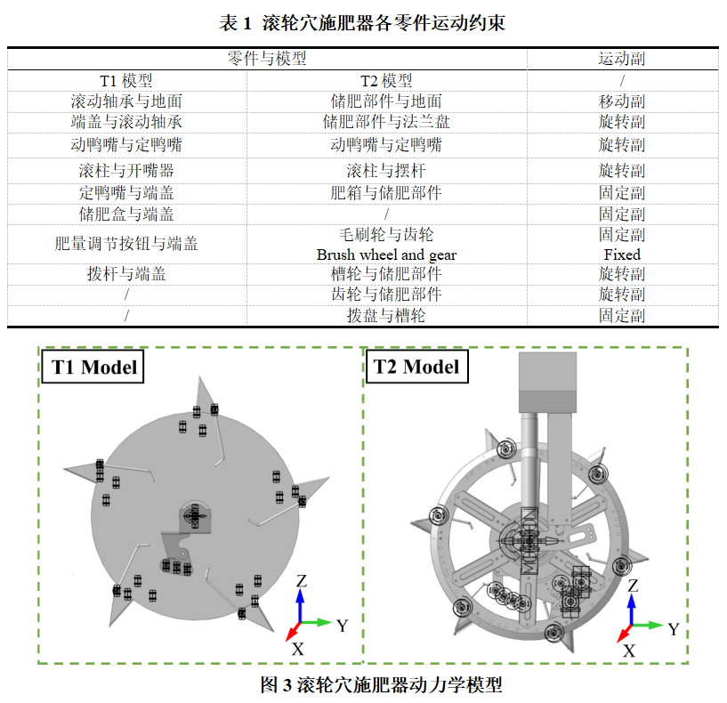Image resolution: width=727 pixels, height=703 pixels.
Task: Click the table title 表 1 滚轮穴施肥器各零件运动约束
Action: pos(362,23)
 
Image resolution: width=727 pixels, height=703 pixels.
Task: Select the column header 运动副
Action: pos(621,59)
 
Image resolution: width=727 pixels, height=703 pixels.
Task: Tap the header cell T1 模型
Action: pos(126,81)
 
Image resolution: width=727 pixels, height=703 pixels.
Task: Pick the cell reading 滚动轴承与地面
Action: pos(126,101)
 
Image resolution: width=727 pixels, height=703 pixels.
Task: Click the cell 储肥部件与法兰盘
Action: pos(386,122)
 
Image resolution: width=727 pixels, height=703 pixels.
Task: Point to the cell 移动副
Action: pos(621,101)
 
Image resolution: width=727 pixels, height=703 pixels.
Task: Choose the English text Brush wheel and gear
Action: pos(386,255)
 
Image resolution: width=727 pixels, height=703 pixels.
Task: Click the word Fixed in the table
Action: pos(622,255)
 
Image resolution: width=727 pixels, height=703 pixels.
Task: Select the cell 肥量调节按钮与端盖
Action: pos(126,244)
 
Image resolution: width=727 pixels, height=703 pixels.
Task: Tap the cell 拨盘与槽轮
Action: pos(386,316)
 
